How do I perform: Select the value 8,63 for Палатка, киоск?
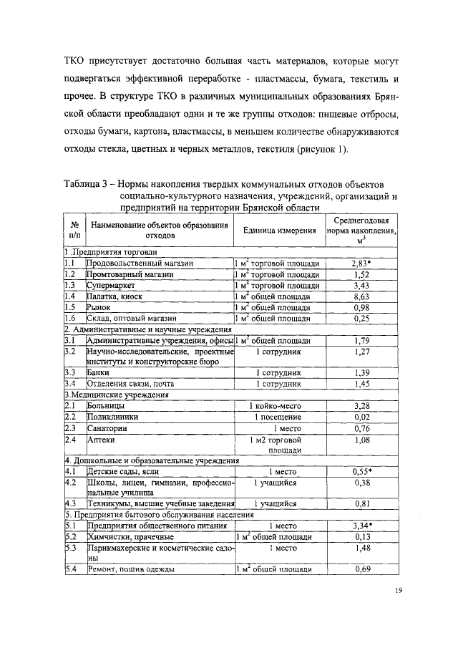click(x=361, y=296)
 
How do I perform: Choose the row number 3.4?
click(x=70, y=384)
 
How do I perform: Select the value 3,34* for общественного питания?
click(x=361, y=525)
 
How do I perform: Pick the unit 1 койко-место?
click(x=278, y=406)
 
